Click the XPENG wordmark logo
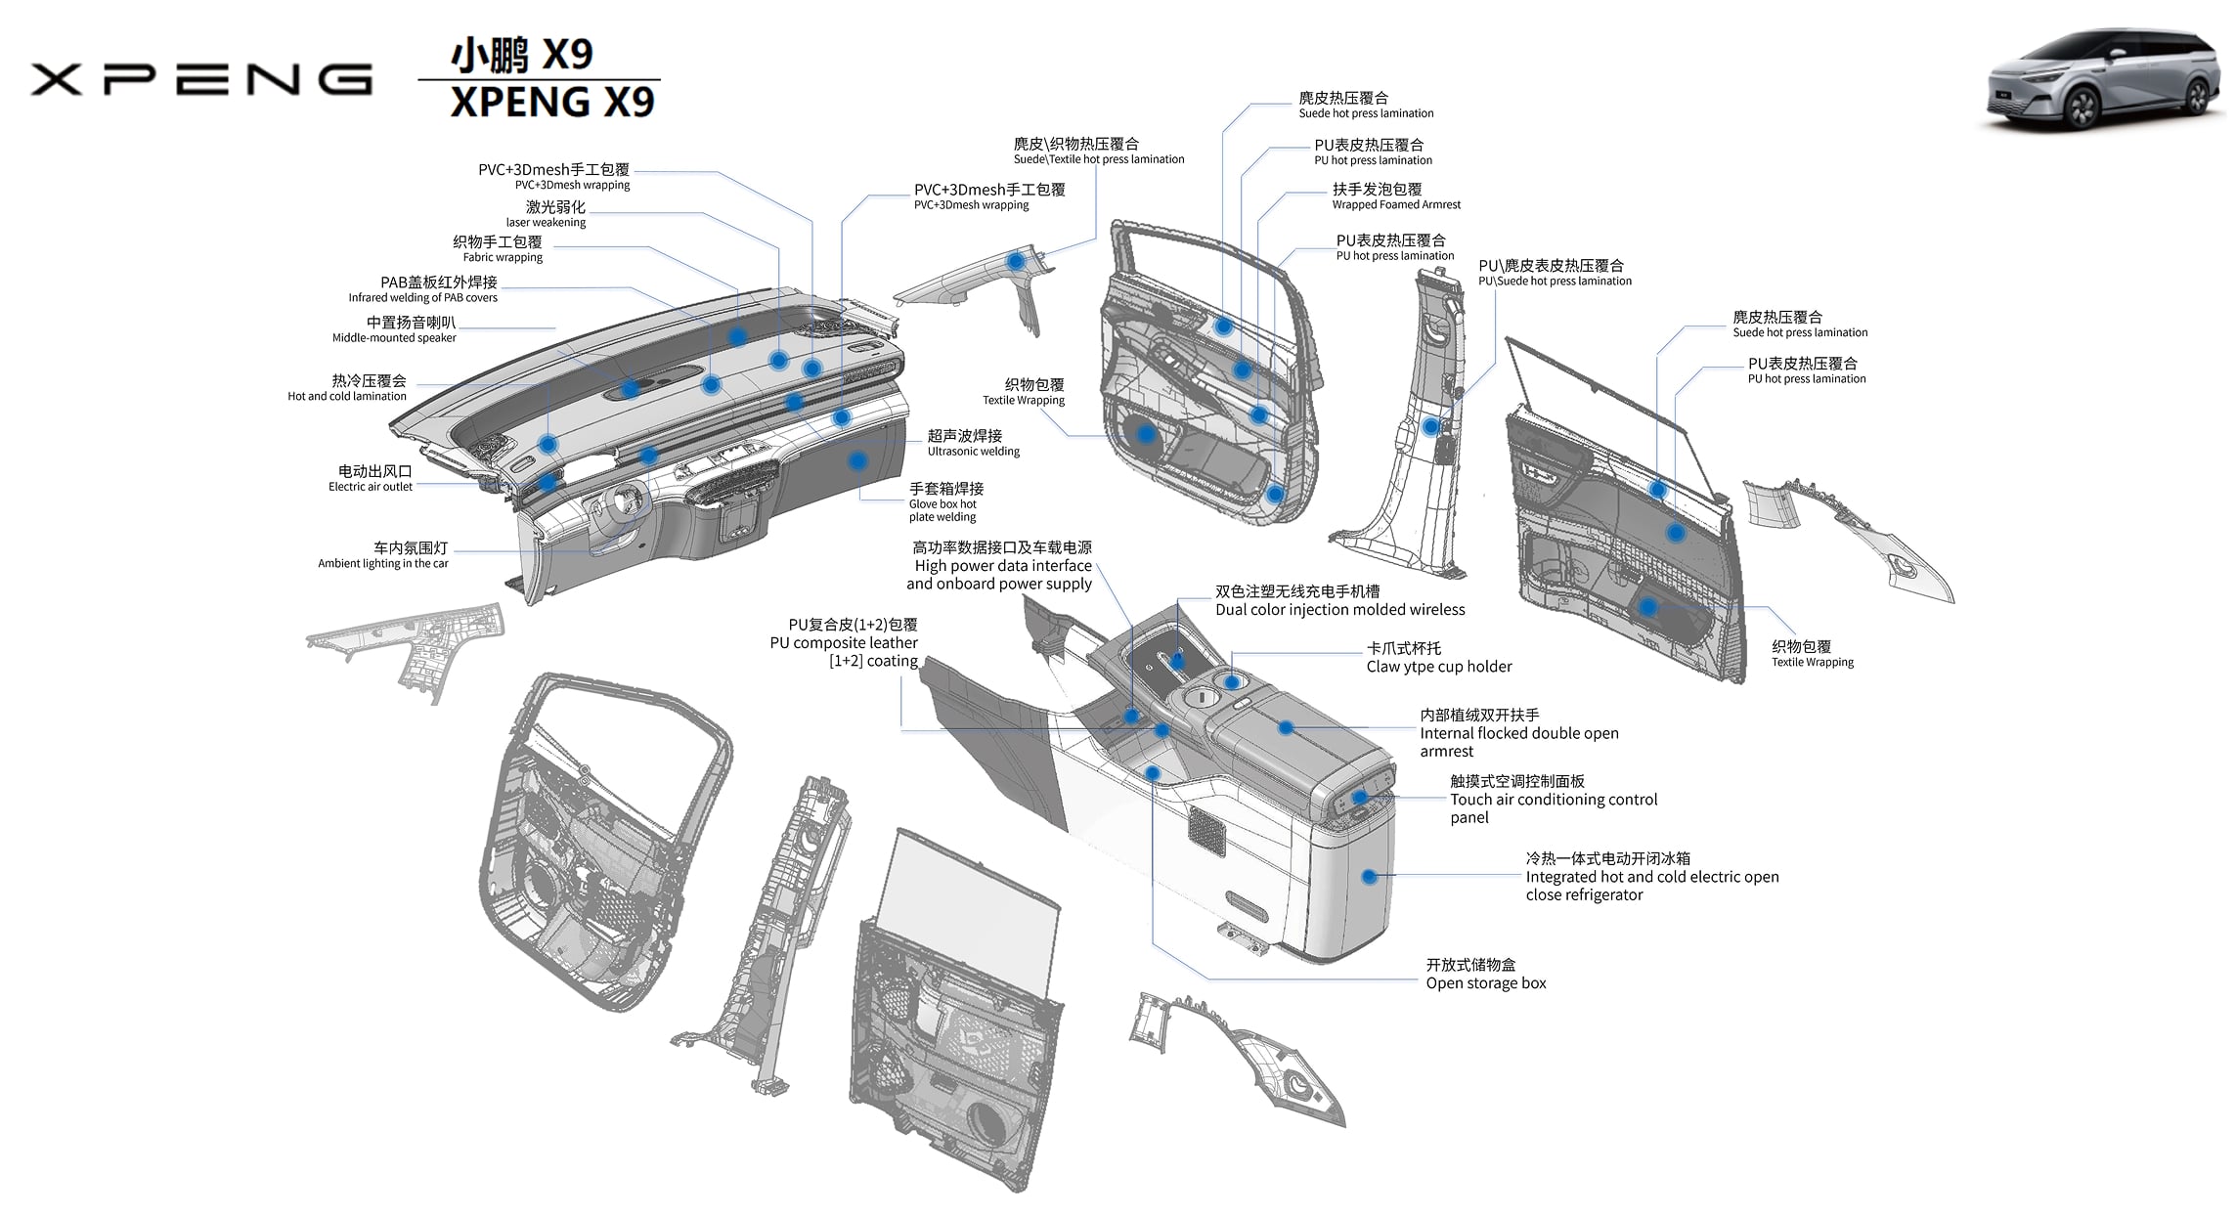click(x=200, y=79)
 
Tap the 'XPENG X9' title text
click(x=551, y=102)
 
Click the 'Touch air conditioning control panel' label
click(x=1553, y=799)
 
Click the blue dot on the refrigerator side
click(x=1369, y=877)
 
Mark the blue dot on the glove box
click(x=857, y=459)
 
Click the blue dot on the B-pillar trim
click(x=1430, y=426)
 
